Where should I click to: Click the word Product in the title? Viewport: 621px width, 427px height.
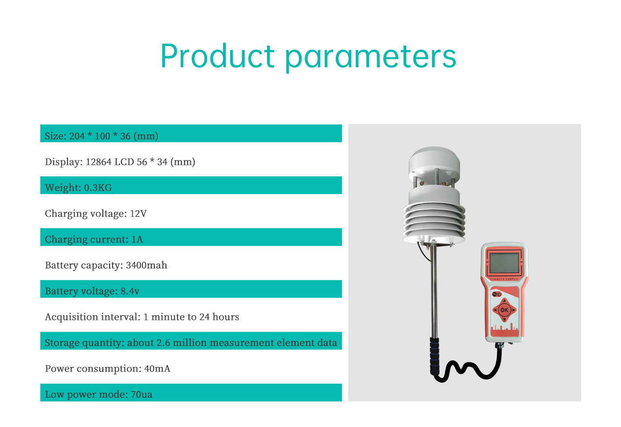[x=217, y=56]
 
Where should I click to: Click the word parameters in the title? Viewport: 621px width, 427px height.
[x=371, y=58]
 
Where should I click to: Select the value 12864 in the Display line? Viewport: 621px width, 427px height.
[x=98, y=162]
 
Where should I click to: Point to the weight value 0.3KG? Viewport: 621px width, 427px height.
[x=98, y=188]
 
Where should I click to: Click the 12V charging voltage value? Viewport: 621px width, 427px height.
[x=138, y=213]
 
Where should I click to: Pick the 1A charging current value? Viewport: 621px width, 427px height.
[x=137, y=239]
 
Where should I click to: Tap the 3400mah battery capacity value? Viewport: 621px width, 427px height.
[x=146, y=265]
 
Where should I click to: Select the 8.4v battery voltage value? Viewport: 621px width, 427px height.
[x=130, y=291]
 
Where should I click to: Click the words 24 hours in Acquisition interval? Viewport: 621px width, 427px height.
[x=219, y=317]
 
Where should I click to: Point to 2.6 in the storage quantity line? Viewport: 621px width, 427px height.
[x=163, y=343]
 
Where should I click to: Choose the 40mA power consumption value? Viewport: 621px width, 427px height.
[x=157, y=369]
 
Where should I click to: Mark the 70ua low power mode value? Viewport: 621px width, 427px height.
[x=141, y=394]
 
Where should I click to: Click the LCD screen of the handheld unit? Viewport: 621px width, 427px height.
[x=504, y=263]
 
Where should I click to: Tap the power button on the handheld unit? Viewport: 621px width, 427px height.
[x=499, y=294]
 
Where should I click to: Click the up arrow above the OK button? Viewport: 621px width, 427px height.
[x=504, y=301]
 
